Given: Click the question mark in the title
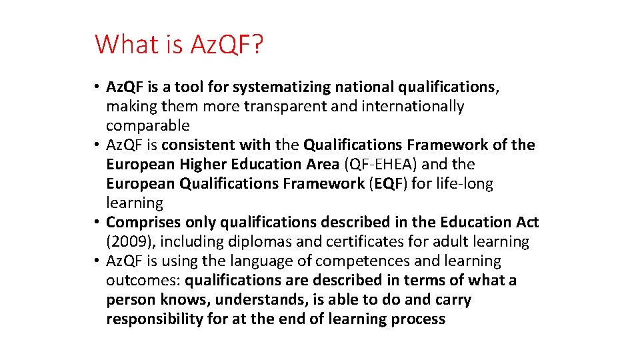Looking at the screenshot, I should tap(258, 45).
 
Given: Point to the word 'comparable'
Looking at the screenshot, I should tap(147, 125).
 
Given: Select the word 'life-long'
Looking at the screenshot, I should tap(465, 183).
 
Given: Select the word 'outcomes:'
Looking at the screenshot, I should tap(143, 280).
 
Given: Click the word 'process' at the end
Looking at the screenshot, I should tap(414, 319).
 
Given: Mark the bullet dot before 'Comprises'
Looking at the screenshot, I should tap(97, 222).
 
